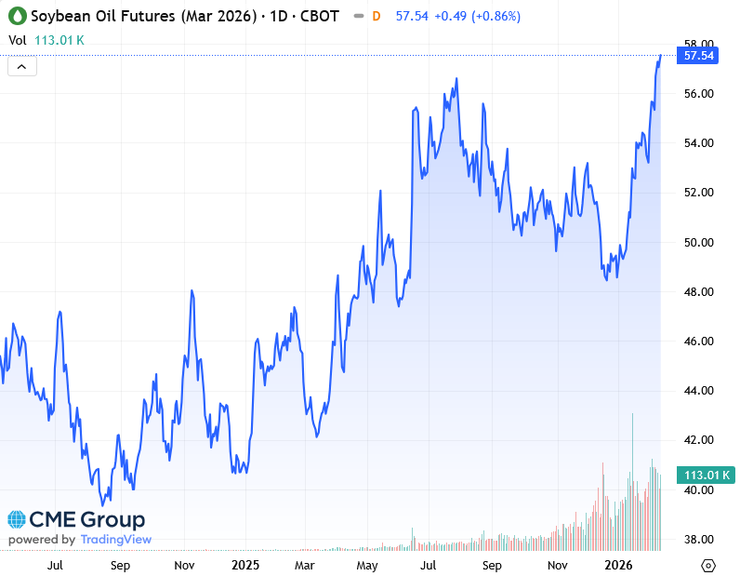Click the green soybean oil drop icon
click(x=17, y=17)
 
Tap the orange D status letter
click(x=376, y=17)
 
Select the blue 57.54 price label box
click(x=698, y=56)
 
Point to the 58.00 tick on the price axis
click(x=698, y=44)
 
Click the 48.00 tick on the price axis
click(x=698, y=292)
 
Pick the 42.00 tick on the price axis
click(x=698, y=440)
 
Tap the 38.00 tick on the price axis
click(x=698, y=540)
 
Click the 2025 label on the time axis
click(x=245, y=565)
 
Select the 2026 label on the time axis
click(x=618, y=565)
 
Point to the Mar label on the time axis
click(x=304, y=565)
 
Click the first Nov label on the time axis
click(x=184, y=565)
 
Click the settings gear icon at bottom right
click(x=708, y=565)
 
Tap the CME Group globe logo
click(x=17, y=519)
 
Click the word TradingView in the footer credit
click(x=115, y=540)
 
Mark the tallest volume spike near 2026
click(x=633, y=416)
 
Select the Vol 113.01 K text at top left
click(x=46, y=40)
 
